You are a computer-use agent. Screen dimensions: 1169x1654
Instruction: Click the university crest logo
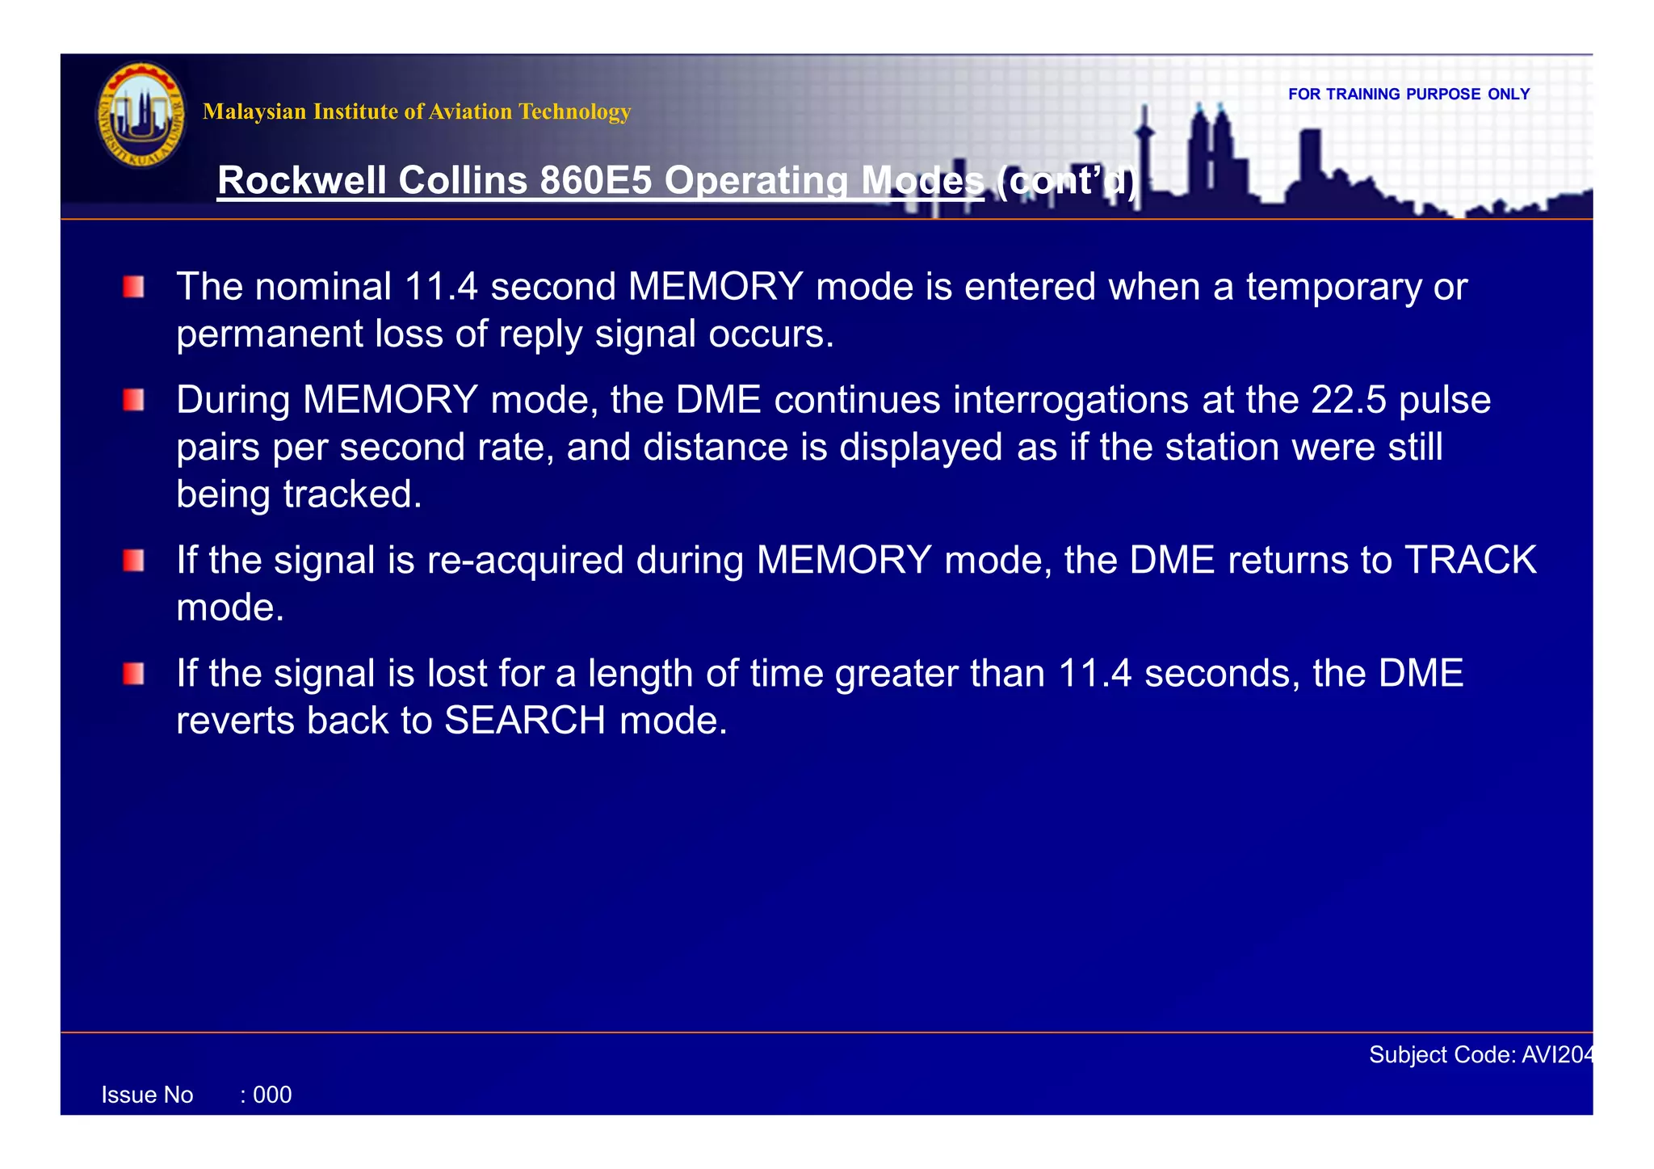point(141,115)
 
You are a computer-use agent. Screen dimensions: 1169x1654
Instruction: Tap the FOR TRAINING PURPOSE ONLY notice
point(1408,95)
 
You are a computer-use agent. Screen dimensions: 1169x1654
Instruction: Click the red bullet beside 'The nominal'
point(134,287)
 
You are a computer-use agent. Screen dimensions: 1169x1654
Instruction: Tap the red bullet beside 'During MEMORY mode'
point(134,400)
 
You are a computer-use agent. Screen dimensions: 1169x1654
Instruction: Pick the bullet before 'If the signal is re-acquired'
point(134,561)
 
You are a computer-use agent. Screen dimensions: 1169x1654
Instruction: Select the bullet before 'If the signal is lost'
point(134,674)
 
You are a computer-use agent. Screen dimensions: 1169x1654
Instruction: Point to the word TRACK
point(1470,561)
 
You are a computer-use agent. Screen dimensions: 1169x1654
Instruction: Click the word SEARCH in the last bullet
point(525,721)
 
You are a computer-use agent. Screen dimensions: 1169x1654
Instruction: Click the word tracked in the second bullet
point(352,494)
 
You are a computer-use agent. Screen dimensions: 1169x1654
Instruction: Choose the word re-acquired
point(525,561)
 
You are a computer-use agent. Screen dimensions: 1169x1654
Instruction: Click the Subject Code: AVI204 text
point(1481,1055)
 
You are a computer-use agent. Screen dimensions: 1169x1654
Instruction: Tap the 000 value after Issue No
point(272,1095)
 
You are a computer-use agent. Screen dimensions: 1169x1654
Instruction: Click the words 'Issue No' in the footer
point(147,1095)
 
